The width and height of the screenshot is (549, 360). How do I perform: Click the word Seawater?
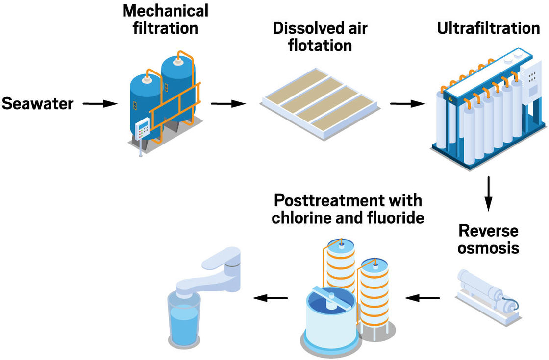click(38, 104)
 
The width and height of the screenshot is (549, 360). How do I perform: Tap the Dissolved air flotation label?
click(320, 36)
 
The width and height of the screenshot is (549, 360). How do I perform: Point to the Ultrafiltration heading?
click(488, 28)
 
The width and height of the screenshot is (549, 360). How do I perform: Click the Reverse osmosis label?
click(488, 239)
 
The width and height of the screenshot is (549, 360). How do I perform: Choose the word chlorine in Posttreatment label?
click(303, 218)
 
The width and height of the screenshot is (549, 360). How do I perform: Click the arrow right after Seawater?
click(100, 104)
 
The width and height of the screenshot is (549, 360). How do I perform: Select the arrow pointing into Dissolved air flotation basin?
click(228, 104)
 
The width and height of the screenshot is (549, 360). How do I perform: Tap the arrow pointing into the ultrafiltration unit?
click(407, 104)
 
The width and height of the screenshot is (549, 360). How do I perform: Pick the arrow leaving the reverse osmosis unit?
click(423, 297)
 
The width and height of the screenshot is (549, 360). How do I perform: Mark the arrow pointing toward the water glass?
click(270, 297)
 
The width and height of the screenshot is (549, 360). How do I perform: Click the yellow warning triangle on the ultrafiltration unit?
click(450, 97)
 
